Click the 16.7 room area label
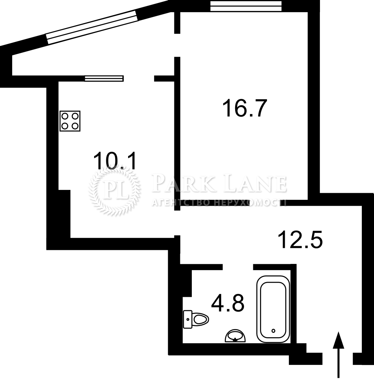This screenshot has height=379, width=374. coord(245,108)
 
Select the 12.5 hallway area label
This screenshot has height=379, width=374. coord(300,239)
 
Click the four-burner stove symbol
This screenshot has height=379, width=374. coord(70,121)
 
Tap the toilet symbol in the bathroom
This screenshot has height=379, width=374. coord(196,319)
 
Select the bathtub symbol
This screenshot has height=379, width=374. coord(273,309)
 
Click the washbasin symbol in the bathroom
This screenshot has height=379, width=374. coord(235,336)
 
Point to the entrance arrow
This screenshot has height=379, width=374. coord(338,355)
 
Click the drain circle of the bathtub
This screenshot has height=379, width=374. coord(273,331)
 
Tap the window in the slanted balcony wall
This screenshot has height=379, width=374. coord(92,27)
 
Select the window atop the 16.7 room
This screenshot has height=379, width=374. coord(246,6)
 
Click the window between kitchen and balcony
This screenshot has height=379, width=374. coord(104,78)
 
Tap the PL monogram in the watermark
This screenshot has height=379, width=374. coord(114,191)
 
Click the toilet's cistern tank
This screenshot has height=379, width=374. coord(188,319)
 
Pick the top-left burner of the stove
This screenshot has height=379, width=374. coord(65,116)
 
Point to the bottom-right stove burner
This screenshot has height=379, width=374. coord(75,126)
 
